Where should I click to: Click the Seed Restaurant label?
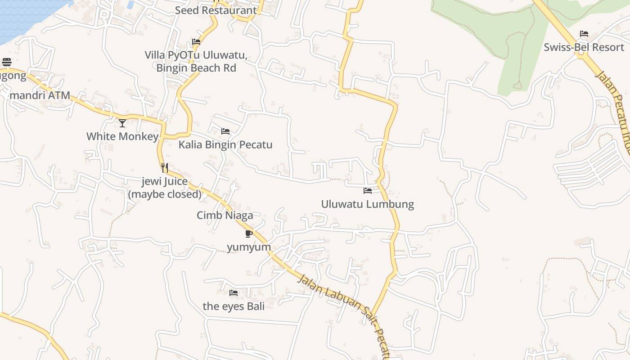pos(216,10)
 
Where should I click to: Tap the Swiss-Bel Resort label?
pos(584,47)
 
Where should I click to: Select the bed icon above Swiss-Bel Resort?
pos(584,34)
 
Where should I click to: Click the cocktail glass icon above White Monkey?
pos(122,123)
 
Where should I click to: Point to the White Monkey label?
pos(122,136)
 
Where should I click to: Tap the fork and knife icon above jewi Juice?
pos(165,168)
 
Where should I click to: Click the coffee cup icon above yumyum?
pos(249,234)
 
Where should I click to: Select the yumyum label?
pos(249,247)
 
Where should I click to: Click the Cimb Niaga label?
pos(225,216)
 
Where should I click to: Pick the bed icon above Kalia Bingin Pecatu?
pos(225,131)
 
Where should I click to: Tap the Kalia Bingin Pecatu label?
pos(225,145)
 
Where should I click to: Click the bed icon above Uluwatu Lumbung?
pos(368,191)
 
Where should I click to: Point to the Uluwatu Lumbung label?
pos(367,204)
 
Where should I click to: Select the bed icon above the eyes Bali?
pos(234,293)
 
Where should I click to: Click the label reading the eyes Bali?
pos(234,306)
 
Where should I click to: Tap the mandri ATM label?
pos(40,95)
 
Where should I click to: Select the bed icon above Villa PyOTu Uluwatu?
pos(196,42)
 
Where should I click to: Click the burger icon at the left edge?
pos(7,62)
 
